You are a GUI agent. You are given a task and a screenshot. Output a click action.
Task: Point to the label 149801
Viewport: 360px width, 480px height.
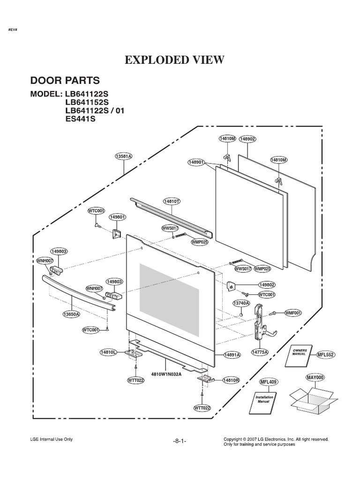tap(117, 217)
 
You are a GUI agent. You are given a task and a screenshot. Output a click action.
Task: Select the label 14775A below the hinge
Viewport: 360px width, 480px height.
tap(260, 352)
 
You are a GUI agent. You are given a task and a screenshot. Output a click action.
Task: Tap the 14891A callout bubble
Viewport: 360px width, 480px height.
tap(232, 355)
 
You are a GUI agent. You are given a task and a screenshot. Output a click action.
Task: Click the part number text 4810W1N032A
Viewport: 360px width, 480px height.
tap(166, 374)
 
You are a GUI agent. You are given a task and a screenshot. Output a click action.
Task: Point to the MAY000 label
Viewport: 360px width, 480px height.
tap(315, 377)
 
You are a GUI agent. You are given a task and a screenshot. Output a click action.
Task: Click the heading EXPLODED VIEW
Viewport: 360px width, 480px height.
tap(174, 60)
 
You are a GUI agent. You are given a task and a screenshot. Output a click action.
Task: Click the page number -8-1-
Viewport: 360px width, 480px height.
tap(180, 441)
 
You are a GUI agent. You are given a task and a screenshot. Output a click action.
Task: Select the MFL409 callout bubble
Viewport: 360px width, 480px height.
tap(268, 382)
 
